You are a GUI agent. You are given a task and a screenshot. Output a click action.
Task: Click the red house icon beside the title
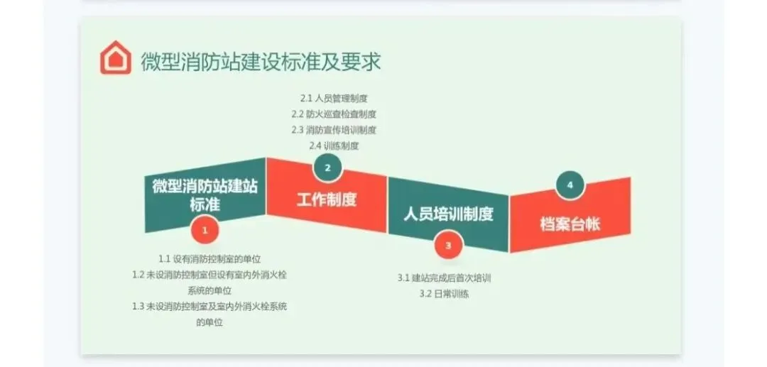click(x=115, y=59)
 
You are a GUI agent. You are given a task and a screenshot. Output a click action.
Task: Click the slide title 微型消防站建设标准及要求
click(x=261, y=61)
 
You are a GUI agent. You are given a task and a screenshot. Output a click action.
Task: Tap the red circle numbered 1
click(x=205, y=230)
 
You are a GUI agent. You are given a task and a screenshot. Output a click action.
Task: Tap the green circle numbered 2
click(x=327, y=168)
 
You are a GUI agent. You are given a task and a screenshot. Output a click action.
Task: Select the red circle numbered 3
click(x=448, y=246)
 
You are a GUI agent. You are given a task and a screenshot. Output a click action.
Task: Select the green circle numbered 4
click(x=570, y=185)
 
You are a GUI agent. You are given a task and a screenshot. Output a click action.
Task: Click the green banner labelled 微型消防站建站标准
click(x=205, y=195)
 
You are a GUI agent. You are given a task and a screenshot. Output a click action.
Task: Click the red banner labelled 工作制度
click(x=327, y=199)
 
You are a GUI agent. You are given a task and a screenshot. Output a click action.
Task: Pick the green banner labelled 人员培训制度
click(x=448, y=214)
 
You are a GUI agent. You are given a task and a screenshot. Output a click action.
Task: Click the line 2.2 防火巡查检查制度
click(x=333, y=114)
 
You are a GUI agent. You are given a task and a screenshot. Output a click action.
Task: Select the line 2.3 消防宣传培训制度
click(x=333, y=130)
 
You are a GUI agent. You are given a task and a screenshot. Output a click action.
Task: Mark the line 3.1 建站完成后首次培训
click(x=444, y=278)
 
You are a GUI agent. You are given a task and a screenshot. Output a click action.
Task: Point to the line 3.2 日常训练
click(x=444, y=293)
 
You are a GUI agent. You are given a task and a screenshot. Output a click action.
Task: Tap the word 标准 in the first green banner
click(x=205, y=204)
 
